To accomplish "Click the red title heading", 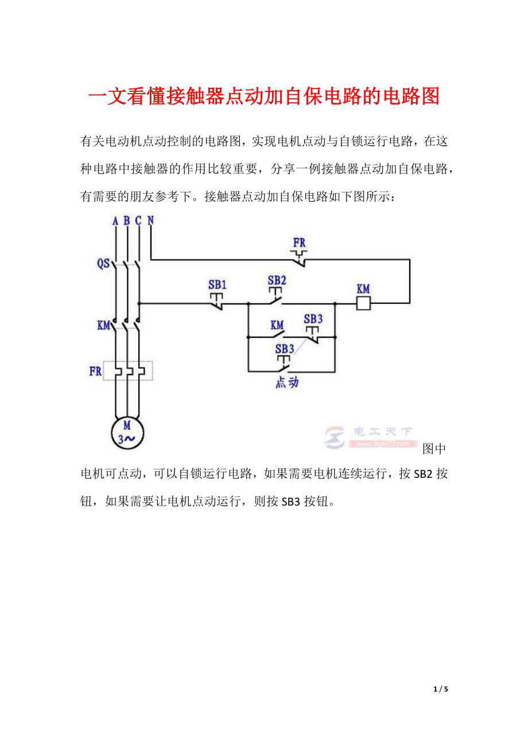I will click(x=264, y=97).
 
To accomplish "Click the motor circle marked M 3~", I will click(x=127, y=433).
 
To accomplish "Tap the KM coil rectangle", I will click(x=363, y=303).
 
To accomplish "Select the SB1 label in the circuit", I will click(x=218, y=284).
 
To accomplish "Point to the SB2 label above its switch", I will click(x=277, y=280).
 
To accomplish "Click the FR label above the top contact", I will click(x=300, y=242).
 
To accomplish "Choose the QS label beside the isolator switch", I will click(x=103, y=264).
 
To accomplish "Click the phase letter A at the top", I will click(x=115, y=221).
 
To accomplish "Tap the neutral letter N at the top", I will click(x=150, y=220).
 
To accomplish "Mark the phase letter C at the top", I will click(x=138, y=221).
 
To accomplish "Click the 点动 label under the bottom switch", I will click(x=287, y=383).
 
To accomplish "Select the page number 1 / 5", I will click(x=441, y=689).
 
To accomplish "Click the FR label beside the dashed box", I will click(x=95, y=372).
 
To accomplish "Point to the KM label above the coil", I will click(x=363, y=289).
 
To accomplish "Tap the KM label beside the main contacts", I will click(x=103, y=326).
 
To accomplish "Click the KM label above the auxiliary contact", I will click(x=277, y=325).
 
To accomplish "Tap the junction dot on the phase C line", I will click(x=138, y=303).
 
